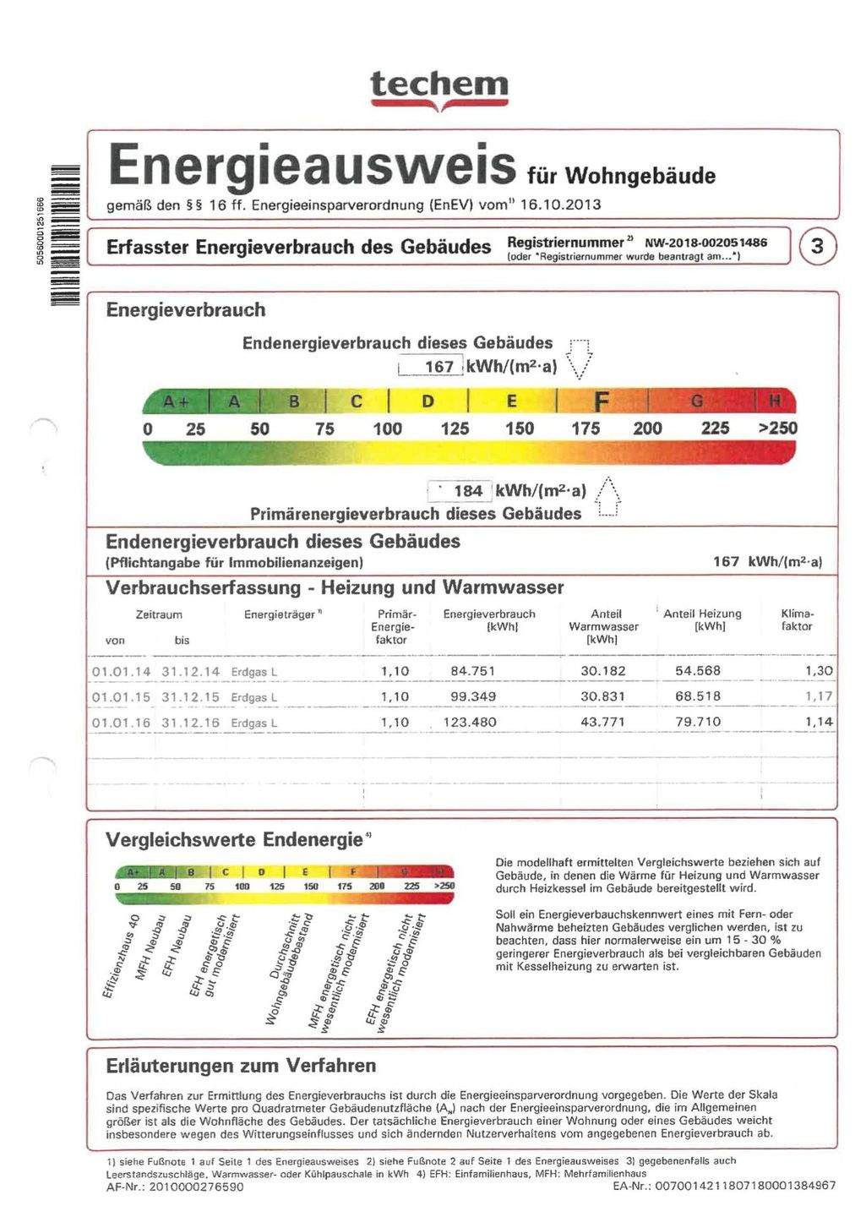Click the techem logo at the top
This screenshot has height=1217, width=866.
tap(439, 88)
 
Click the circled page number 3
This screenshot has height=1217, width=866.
tap(817, 247)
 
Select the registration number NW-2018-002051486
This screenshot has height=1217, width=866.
tap(705, 243)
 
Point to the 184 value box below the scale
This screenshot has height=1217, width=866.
tap(460, 491)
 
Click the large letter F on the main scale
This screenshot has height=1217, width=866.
tap(602, 401)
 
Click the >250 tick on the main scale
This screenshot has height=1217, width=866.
tap(776, 428)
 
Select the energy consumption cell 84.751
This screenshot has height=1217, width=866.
tap(473, 671)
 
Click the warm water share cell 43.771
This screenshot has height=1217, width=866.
tap(603, 722)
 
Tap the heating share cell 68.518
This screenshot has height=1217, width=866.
tap(697, 696)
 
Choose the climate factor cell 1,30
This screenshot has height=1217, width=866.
tap(819, 671)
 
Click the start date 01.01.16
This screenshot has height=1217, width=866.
tap(121, 723)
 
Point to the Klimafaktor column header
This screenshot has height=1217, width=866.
tap(797, 620)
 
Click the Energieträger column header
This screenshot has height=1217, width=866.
tap(280, 614)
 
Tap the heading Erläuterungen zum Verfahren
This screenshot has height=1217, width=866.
tap(241, 1066)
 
